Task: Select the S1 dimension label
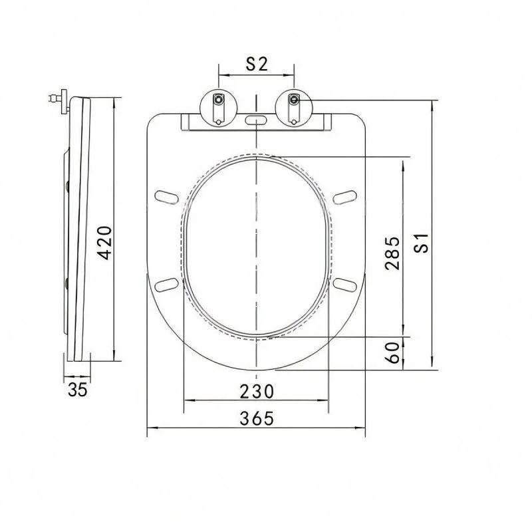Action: pyautogui.click(x=422, y=243)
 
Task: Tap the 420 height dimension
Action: pyautogui.click(x=105, y=243)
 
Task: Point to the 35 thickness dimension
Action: pyautogui.click(x=78, y=390)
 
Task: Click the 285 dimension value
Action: pyautogui.click(x=392, y=253)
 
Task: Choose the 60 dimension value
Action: pyautogui.click(x=393, y=353)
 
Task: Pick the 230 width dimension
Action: pyautogui.click(x=257, y=391)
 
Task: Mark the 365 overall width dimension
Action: pyautogui.click(x=257, y=418)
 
